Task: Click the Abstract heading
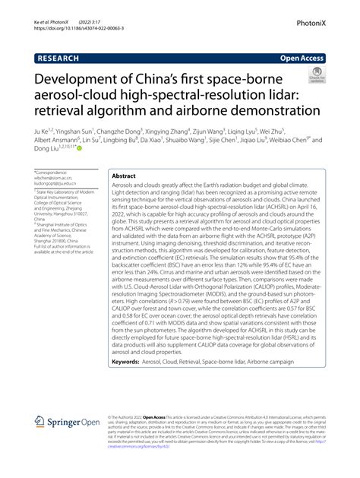pos(124,176)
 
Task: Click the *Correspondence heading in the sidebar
pos(51,173)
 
